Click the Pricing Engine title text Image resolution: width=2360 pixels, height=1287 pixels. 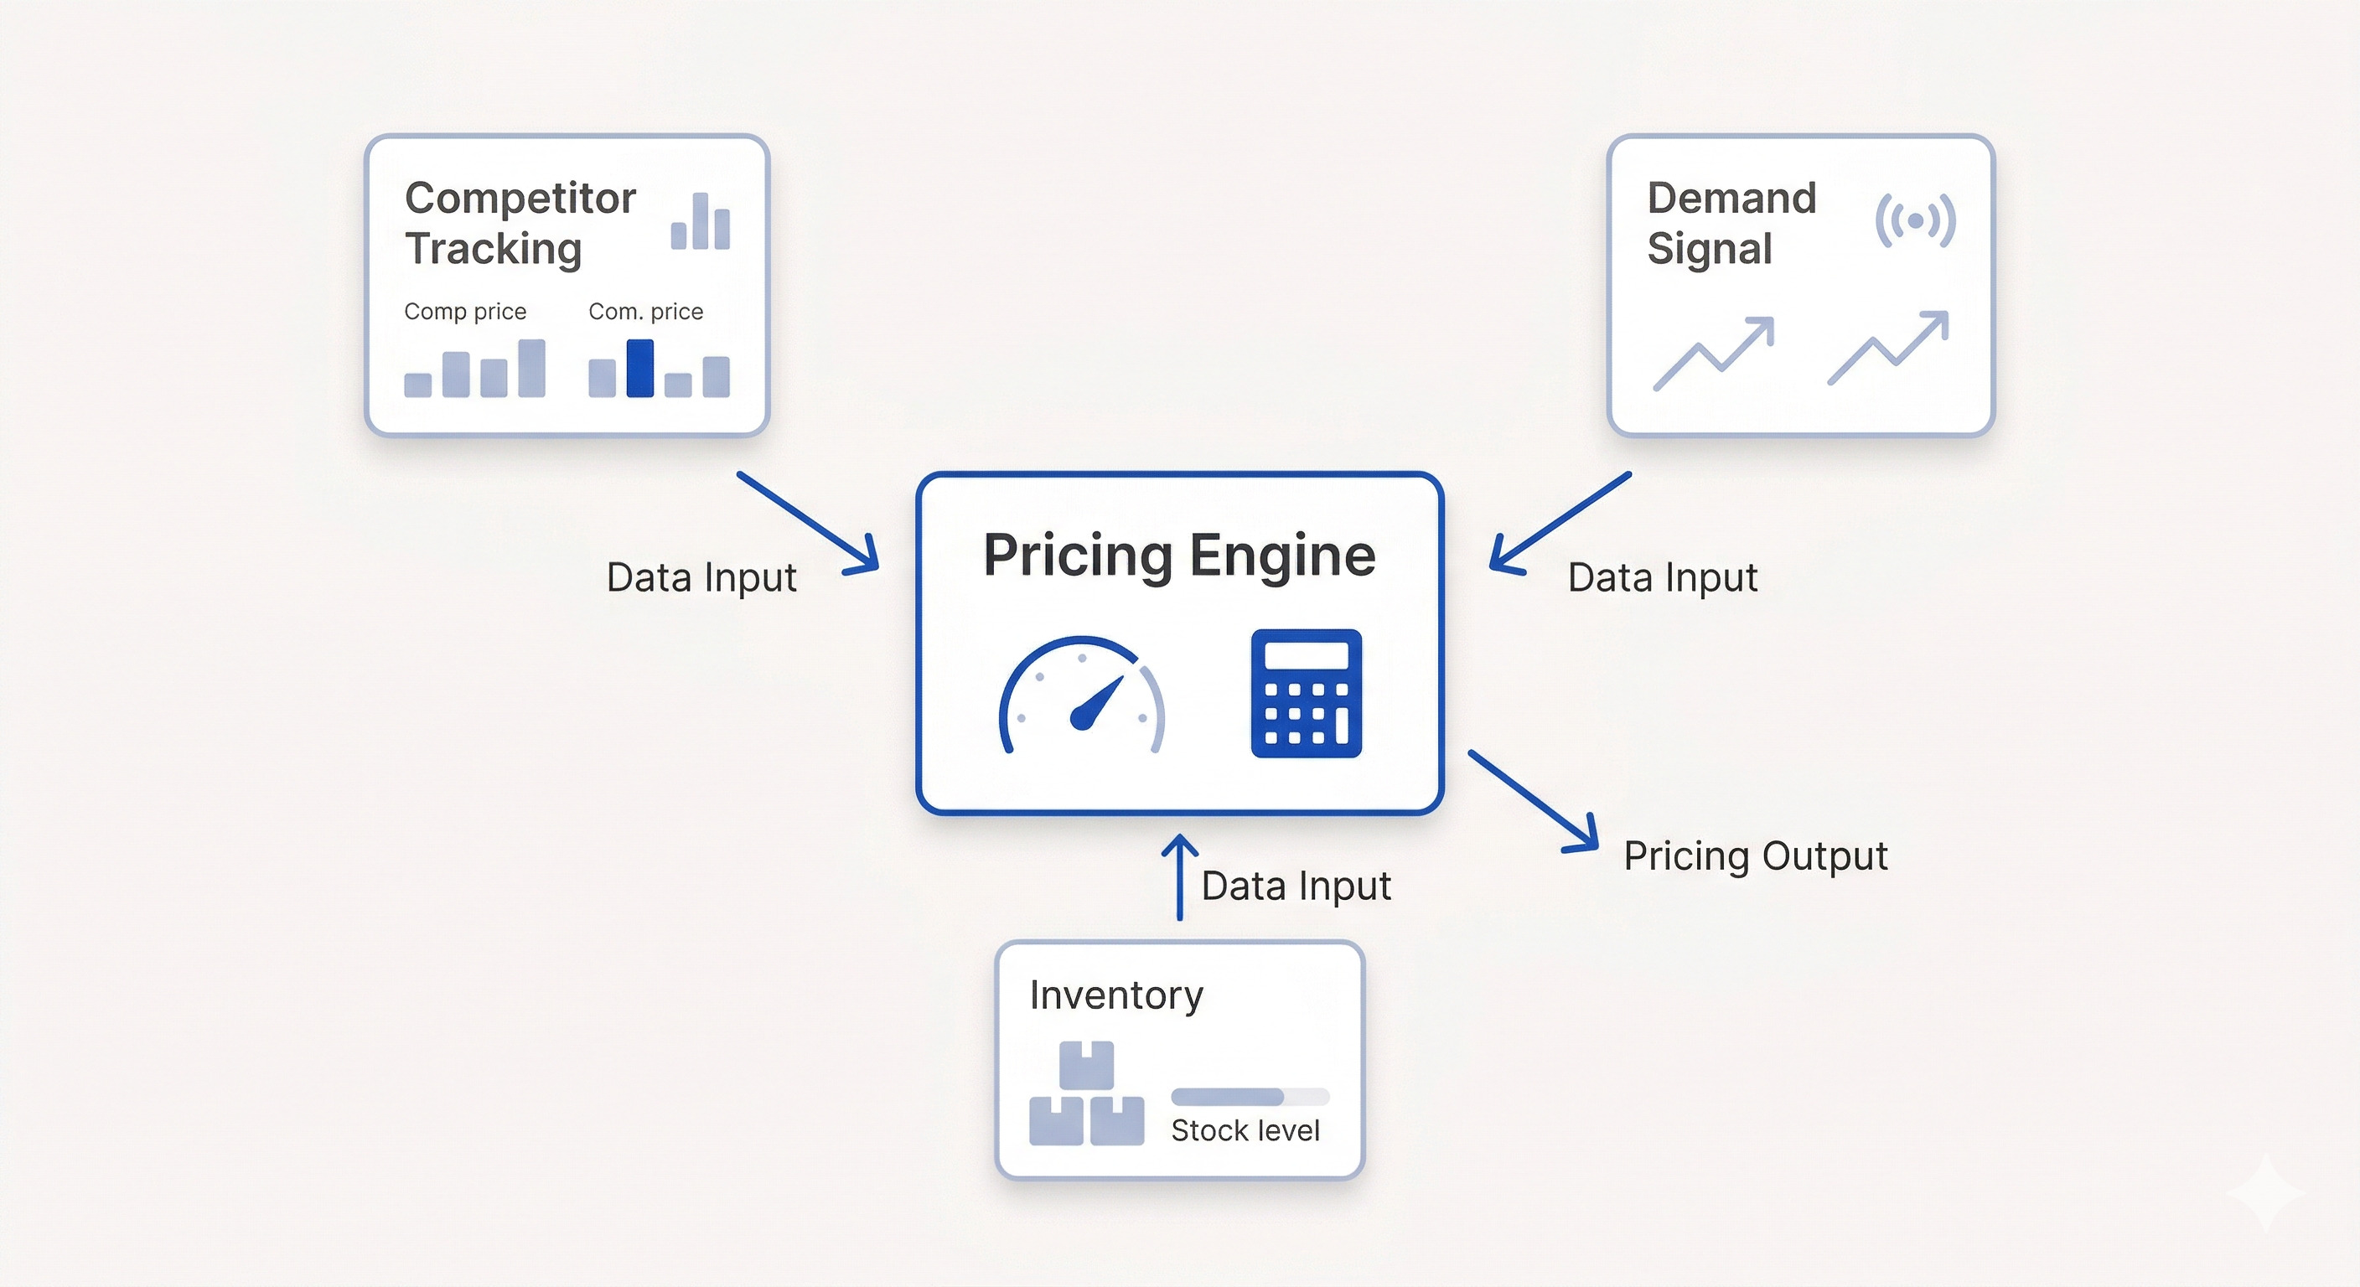click(1179, 556)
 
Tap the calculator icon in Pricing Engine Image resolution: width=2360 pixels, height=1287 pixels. click(1306, 694)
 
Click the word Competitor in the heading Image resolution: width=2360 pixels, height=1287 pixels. click(520, 198)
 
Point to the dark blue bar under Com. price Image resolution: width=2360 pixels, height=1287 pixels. click(639, 368)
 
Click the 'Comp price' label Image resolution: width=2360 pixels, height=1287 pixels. click(465, 312)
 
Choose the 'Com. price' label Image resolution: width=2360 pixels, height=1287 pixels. click(646, 312)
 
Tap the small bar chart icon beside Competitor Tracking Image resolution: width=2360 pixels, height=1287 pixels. click(700, 222)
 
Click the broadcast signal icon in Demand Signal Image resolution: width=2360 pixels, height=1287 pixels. click(1915, 220)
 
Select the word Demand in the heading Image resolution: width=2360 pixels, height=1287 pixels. click(1731, 198)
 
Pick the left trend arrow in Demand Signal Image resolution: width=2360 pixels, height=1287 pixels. click(1713, 354)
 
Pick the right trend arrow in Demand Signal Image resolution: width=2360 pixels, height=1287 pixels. click(1887, 348)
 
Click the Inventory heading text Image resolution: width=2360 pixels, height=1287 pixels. click(1115, 995)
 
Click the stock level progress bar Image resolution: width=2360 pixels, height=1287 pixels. click(1250, 1097)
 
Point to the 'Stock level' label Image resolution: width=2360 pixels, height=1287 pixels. click(1245, 1130)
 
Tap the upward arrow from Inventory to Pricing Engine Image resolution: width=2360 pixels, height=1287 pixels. click(1179, 876)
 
